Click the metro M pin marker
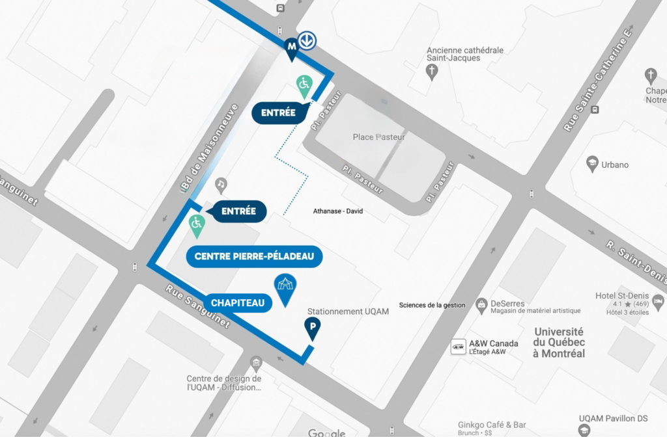coord(291,48)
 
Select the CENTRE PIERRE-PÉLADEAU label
coord(254,257)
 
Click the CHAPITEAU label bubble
coord(237,302)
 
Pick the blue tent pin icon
coord(285,288)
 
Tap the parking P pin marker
coord(313,328)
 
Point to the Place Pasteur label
coord(378,137)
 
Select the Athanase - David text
coord(338,211)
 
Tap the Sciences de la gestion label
coord(432,305)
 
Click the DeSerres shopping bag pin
coord(481,303)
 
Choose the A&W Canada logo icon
coord(459,347)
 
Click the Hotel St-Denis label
coord(619,296)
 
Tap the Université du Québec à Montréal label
coord(559,343)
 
